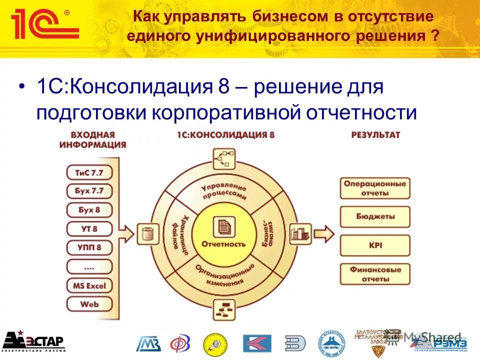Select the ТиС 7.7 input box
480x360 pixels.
pos(89,172)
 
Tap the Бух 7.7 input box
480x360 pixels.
pos(89,191)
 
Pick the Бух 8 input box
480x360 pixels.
pos(89,209)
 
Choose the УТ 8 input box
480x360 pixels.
pos(89,228)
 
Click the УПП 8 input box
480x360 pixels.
pos(89,247)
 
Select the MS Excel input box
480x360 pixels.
pos(89,285)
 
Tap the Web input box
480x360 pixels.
pos(89,303)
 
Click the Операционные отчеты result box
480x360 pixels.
pos(375,188)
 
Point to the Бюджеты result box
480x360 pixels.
pos(375,216)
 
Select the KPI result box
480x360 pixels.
pos(375,245)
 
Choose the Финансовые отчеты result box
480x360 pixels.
pos(375,274)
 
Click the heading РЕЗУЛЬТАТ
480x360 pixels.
pos(375,135)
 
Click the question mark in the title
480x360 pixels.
pos(436,36)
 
